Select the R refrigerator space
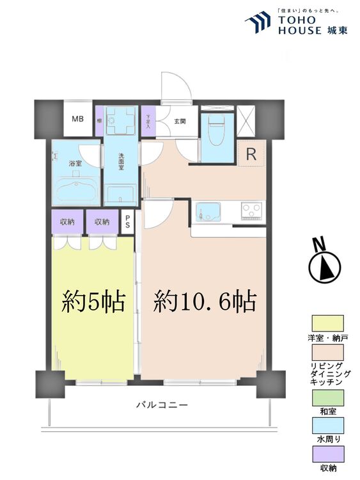(251, 154)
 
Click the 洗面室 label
(121, 164)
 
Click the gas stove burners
(252, 209)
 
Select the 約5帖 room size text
(93, 300)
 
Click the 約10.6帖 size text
(205, 300)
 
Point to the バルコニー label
(161, 405)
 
